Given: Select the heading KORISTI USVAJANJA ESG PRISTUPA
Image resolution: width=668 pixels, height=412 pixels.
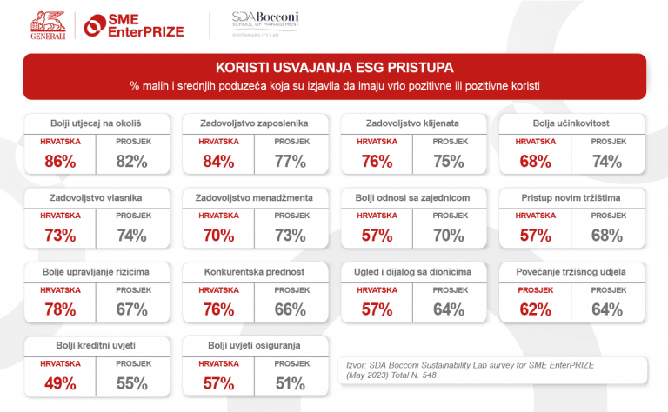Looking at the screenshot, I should [334, 66].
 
